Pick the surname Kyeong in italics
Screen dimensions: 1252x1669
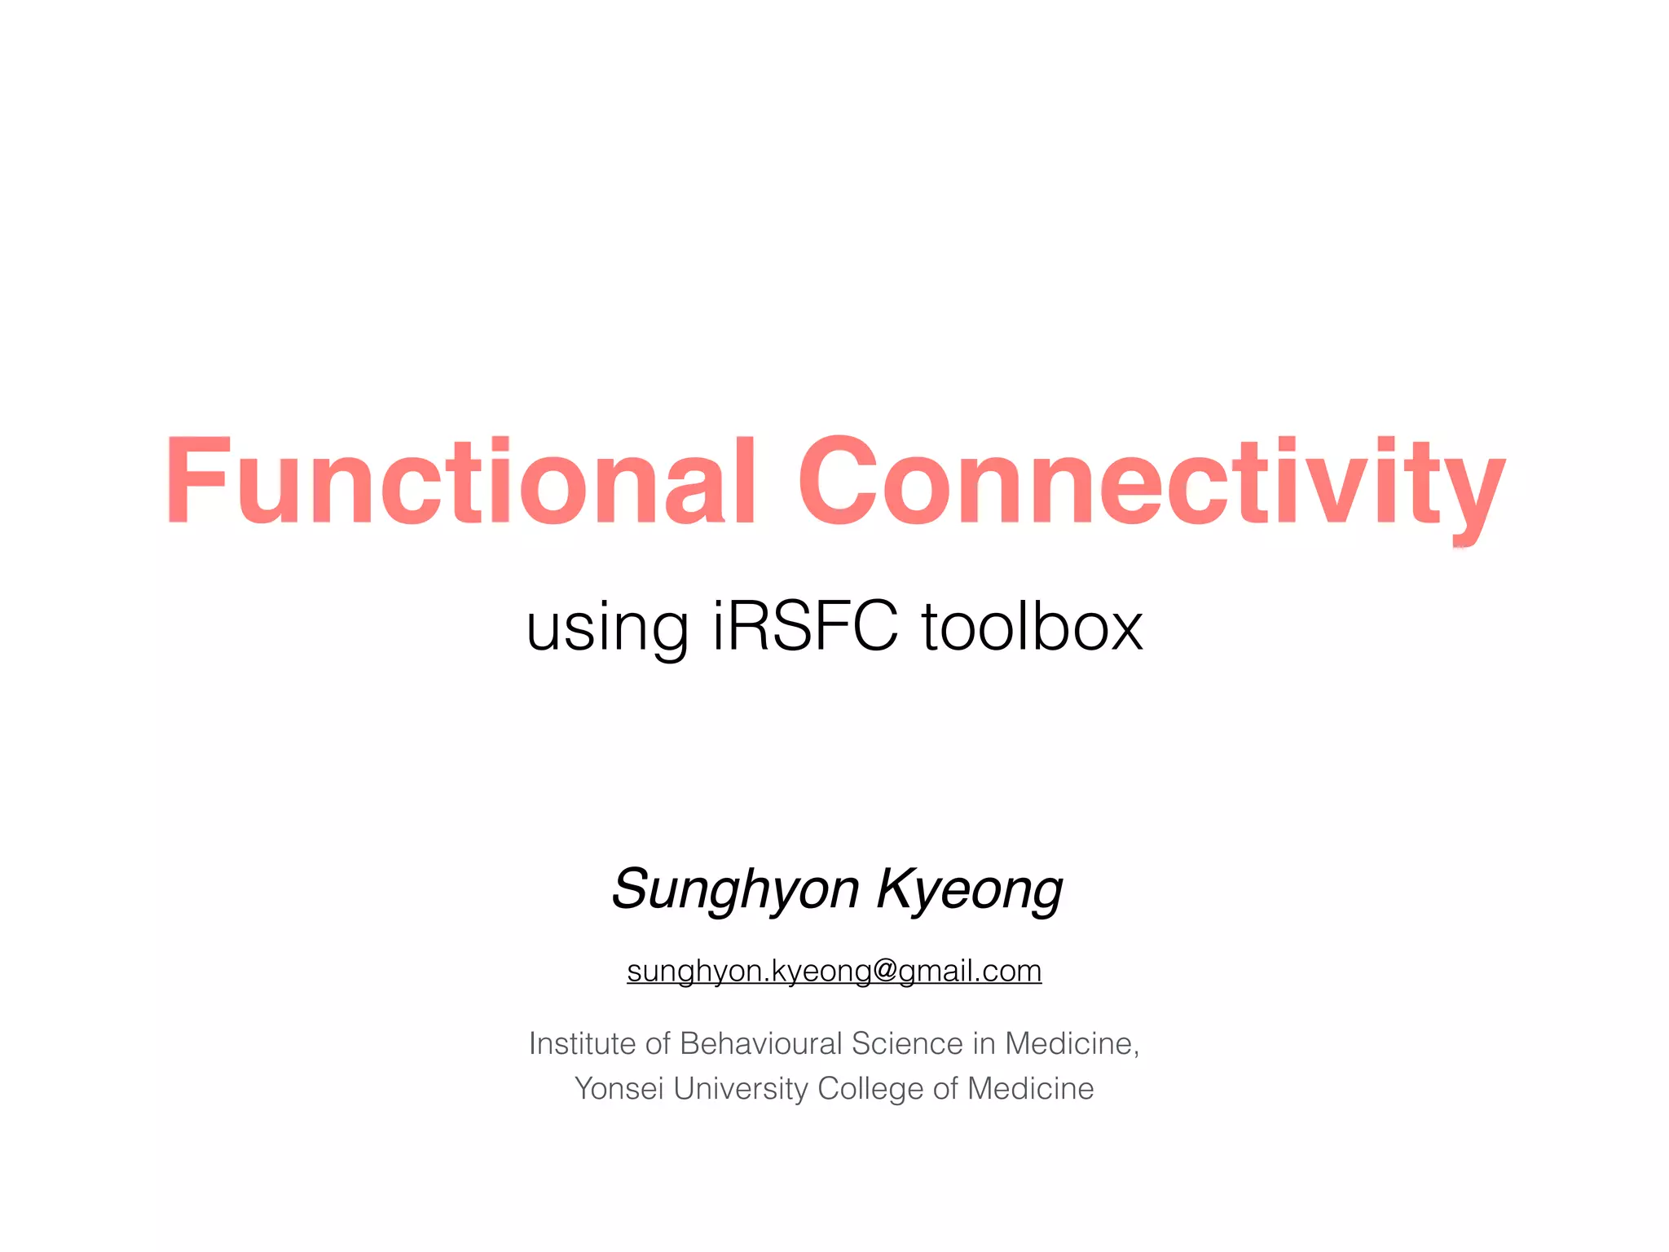pyautogui.click(x=970, y=889)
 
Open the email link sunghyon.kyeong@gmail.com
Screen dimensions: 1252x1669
pyautogui.click(x=834, y=971)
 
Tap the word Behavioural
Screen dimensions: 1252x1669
pyautogui.click(x=761, y=1043)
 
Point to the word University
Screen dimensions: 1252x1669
pyautogui.click(x=740, y=1089)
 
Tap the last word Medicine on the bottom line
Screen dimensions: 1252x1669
pyautogui.click(x=1030, y=1089)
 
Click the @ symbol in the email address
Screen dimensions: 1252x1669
pyautogui.click(x=884, y=971)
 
